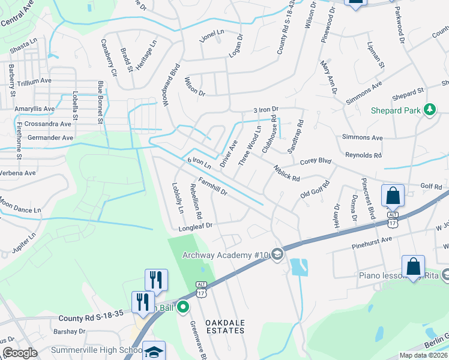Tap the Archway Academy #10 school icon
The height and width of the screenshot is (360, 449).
(277, 255)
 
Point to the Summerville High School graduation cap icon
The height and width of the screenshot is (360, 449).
(154, 352)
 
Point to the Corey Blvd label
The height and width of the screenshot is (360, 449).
(316, 161)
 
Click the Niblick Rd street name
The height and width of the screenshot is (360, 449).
(286, 174)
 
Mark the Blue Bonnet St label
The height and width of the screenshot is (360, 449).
(101, 103)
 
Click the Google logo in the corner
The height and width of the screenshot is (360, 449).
(20, 353)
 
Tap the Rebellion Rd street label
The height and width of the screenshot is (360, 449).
(196, 200)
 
